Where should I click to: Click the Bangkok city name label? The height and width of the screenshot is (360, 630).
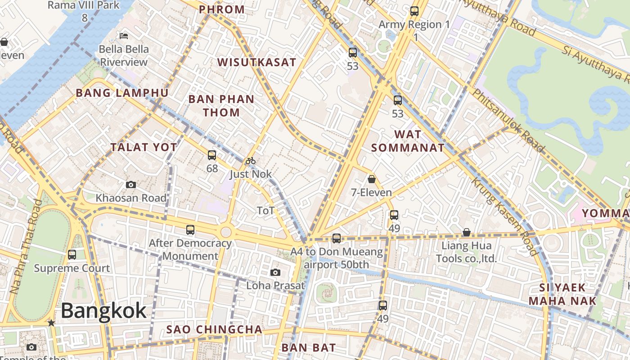103,310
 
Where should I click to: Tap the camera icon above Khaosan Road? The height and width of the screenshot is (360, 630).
131,184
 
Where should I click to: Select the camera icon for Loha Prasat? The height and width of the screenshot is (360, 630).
275,272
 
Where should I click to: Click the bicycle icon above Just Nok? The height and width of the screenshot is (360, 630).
251,161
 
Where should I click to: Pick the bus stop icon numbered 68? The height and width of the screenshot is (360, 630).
212,155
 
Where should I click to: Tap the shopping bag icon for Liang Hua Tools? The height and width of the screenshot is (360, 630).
467,233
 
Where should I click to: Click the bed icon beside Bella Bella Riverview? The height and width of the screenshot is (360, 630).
124,36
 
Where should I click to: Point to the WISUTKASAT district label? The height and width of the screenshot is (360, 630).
257,63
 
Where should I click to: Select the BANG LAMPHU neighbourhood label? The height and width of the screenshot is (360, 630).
122,93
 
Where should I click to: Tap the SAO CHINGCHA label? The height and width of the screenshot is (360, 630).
214,329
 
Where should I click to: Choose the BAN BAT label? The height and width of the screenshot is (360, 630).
309,347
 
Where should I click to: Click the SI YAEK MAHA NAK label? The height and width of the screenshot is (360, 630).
562,294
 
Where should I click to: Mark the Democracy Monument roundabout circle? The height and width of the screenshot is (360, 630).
226,232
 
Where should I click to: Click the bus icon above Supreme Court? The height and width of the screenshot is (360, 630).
72,255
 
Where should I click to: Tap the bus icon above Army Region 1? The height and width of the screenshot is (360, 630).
414,11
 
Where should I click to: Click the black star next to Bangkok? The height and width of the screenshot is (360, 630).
51,323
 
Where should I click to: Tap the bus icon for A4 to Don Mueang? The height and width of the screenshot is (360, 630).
337,238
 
